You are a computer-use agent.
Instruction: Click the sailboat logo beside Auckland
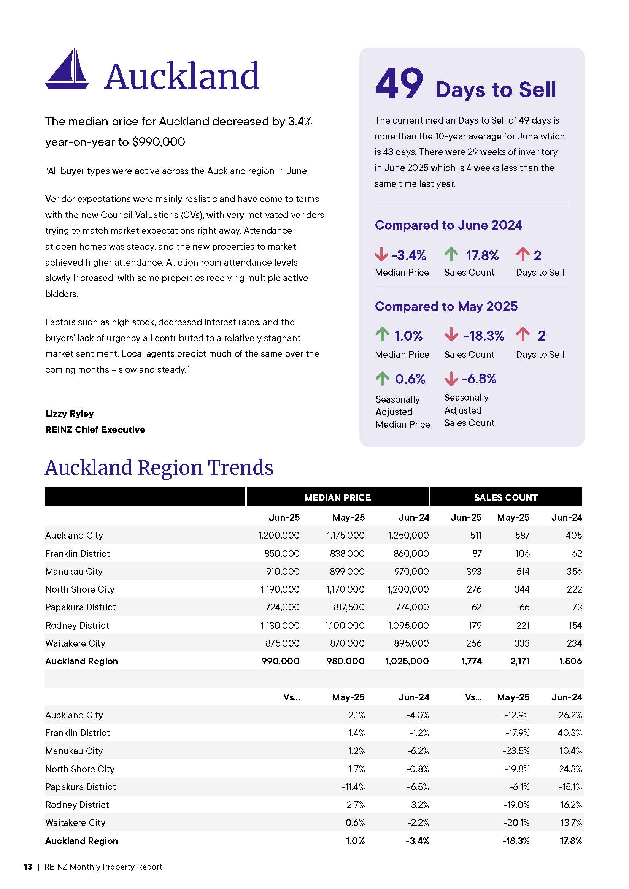pos(67,69)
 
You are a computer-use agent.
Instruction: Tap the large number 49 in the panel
pos(399,83)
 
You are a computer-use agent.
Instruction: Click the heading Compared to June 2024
pos(448,225)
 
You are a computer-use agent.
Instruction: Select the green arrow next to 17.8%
pos(451,255)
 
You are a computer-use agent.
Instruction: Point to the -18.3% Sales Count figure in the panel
pos(483,335)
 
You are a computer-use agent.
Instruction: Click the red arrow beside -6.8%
pos(451,379)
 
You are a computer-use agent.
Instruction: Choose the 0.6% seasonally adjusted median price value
pos(410,379)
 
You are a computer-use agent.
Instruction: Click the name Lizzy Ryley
pos(69,414)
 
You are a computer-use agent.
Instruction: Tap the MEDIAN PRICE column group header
pos(337,498)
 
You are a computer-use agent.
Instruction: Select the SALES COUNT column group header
pos(505,498)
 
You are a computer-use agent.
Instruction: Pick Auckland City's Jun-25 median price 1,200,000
pos(279,535)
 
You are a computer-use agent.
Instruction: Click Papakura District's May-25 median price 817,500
pos(349,607)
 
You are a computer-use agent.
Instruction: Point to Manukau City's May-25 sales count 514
pos(523,571)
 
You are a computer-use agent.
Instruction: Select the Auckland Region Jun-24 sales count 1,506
pos(570,661)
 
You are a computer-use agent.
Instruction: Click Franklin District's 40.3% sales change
pos(570,733)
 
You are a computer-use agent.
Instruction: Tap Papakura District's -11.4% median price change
pos(353,787)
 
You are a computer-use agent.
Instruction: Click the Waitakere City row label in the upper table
pos(75,643)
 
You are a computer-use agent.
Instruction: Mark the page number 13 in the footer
pos(28,867)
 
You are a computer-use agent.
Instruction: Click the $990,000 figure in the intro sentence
pos(159,142)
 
